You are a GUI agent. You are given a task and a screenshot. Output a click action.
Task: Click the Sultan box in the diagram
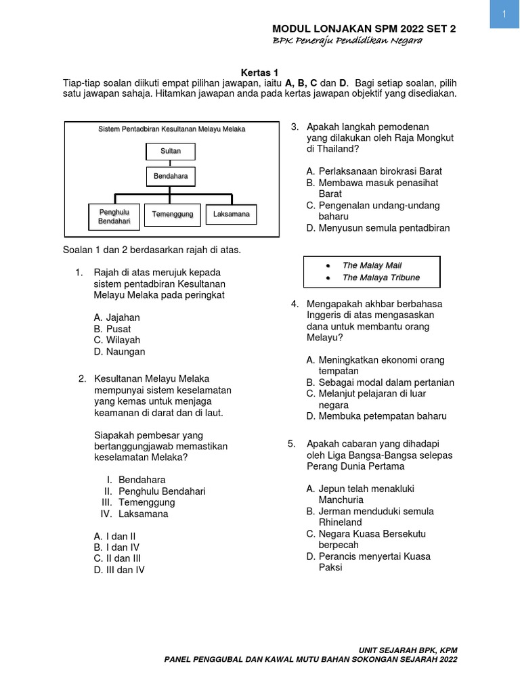[x=171, y=151]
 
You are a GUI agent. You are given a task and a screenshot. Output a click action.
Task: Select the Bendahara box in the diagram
[x=171, y=177]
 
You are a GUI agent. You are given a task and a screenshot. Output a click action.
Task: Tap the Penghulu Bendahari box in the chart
[x=114, y=217]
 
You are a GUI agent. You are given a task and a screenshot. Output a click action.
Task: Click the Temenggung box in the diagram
[x=173, y=215]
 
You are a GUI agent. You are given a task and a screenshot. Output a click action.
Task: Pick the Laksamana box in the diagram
[x=231, y=215]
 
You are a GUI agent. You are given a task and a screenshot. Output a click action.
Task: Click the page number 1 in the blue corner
[x=504, y=15]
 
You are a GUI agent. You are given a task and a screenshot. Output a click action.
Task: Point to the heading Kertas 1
[x=259, y=72]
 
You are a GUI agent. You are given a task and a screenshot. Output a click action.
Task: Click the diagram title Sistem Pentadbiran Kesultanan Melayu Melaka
[x=171, y=129]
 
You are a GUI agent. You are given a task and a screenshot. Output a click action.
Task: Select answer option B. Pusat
[x=112, y=328]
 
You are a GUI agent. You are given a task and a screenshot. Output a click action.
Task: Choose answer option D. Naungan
[x=119, y=351]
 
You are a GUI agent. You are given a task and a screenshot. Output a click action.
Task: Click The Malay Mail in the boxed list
[x=372, y=265]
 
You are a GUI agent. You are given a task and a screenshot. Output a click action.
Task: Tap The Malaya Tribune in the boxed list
[x=381, y=277]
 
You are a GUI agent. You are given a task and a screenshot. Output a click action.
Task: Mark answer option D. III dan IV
[x=119, y=570]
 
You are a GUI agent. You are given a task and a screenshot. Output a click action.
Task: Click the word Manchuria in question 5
[x=341, y=499]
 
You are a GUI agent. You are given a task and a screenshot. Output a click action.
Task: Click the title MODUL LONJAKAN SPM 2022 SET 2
[x=364, y=28]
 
